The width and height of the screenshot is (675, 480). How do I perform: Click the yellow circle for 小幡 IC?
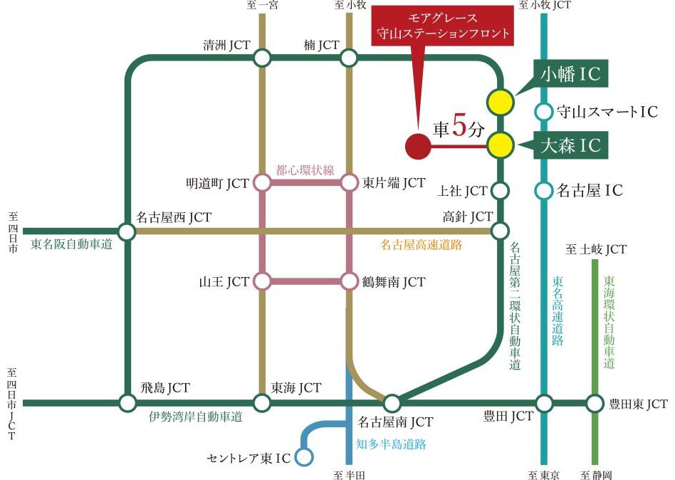501,102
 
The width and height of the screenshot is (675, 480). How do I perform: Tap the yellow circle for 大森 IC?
501,146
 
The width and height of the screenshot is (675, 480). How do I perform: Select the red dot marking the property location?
417,146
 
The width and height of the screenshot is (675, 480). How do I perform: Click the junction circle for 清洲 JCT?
262,58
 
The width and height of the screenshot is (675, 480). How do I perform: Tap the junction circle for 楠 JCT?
349,58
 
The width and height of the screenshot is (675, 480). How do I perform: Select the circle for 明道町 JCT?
262,183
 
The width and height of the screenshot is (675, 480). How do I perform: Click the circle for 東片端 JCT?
349,183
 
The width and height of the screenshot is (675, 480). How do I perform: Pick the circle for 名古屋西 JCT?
127,231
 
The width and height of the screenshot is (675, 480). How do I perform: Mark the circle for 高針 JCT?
501,231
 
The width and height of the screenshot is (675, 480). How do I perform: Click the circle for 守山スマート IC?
544,112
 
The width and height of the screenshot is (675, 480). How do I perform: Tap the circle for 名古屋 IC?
544,191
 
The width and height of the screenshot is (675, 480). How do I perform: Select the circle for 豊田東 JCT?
595,404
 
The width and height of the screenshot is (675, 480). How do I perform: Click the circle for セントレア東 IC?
304,457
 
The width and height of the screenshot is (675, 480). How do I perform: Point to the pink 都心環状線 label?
305,170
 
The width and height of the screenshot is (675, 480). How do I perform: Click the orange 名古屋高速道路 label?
422,245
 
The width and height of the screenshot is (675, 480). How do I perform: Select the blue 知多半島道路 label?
391,444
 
